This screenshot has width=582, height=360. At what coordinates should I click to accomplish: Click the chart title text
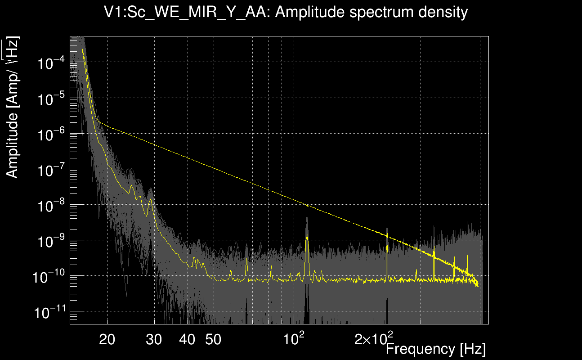(286, 12)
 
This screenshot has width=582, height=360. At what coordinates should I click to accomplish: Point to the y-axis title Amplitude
(13, 108)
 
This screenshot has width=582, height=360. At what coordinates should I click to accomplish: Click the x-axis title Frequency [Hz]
(435, 349)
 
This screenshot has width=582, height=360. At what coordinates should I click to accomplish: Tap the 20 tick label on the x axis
(107, 340)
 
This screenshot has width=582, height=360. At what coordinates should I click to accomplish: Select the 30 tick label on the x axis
(154, 340)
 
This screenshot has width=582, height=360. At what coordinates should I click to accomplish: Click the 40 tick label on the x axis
(187, 340)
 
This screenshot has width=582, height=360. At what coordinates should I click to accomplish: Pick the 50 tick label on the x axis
(213, 340)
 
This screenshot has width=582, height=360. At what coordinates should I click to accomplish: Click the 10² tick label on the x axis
(295, 338)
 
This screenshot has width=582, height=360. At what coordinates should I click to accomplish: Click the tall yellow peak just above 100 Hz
(307, 235)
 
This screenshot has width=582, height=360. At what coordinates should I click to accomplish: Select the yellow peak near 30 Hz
(151, 198)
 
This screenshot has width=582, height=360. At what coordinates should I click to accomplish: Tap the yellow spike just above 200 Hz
(387, 235)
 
